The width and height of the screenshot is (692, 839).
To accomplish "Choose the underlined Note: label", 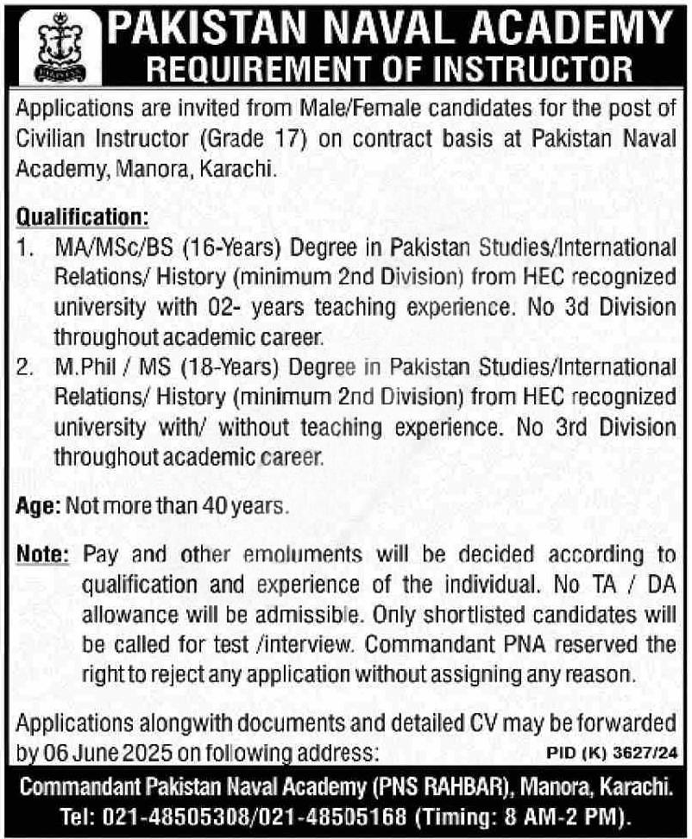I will (42, 556).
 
